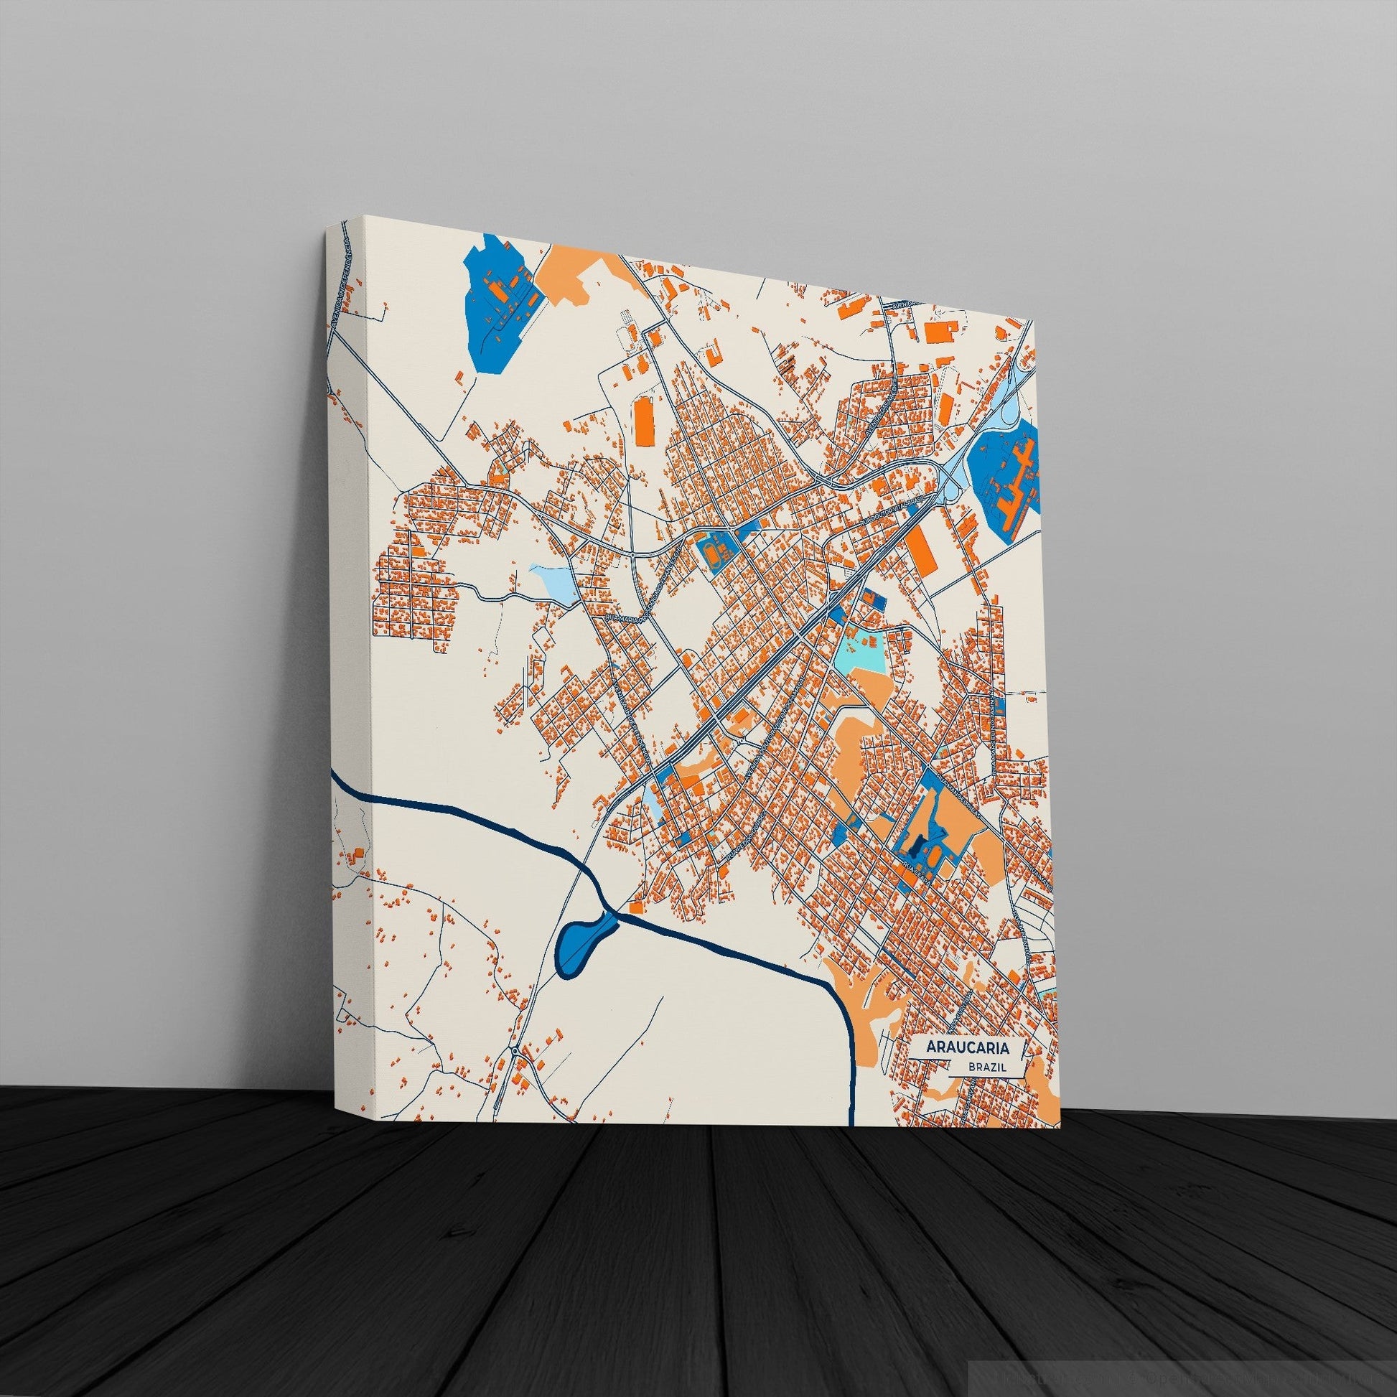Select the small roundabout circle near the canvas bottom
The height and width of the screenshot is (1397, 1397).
tap(514, 1071)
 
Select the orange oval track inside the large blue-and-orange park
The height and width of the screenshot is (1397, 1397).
tap(933, 856)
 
